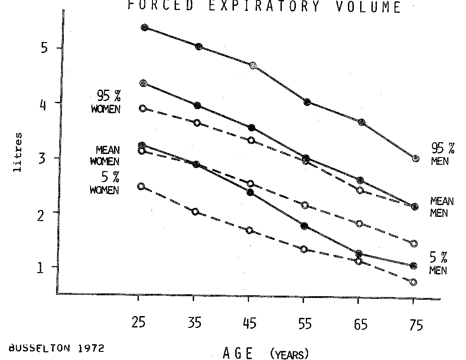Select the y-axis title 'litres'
pyautogui.click(x=19, y=152)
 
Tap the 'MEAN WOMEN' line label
pyautogui.click(x=105, y=156)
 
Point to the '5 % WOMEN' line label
pyautogui.click(x=105, y=183)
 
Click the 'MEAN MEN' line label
pyautogui.click(x=442, y=207)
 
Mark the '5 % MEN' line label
pyautogui.click(x=438, y=264)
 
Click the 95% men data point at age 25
pyautogui.click(x=145, y=28)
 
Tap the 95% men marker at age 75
pyautogui.click(x=416, y=158)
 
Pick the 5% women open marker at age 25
pyautogui.click(x=141, y=186)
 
